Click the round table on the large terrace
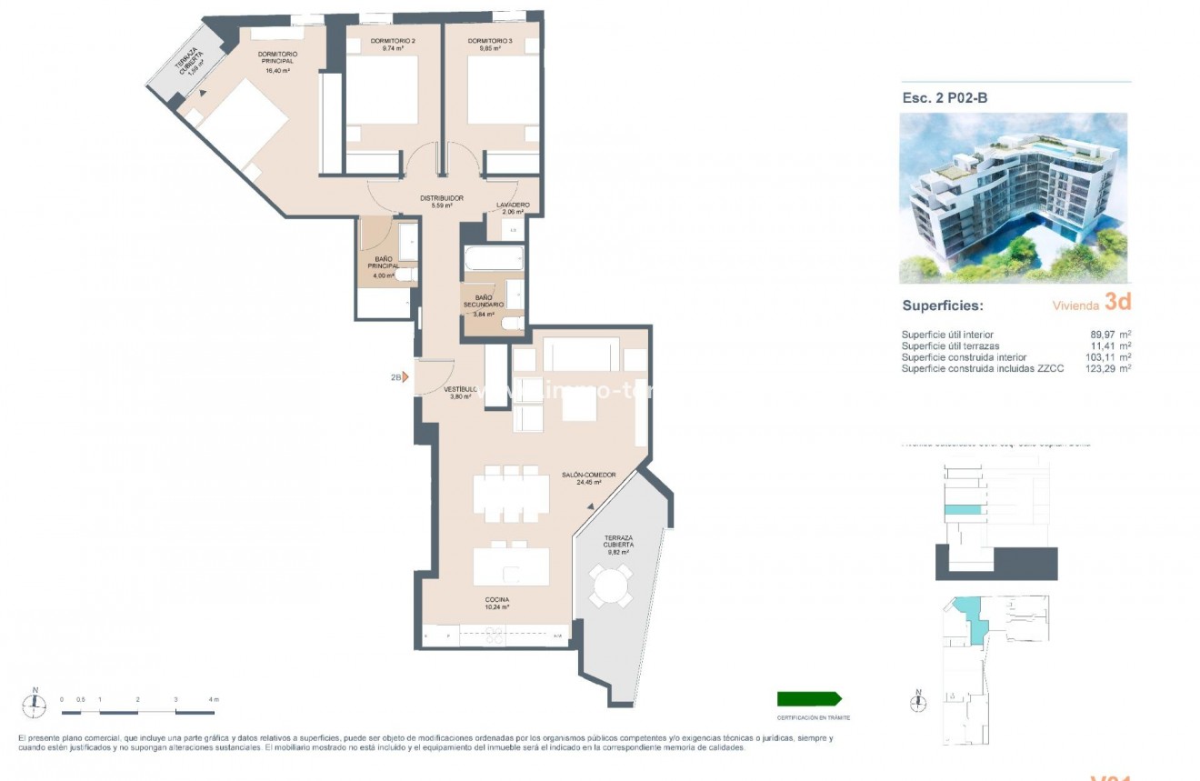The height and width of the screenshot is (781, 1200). (x=610, y=586)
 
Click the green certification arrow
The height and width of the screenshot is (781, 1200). (x=808, y=698)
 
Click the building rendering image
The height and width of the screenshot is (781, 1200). (x=1013, y=197)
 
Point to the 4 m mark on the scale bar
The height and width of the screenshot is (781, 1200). (x=213, y=699)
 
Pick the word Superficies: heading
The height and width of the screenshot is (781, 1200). (x=942, y=306)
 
